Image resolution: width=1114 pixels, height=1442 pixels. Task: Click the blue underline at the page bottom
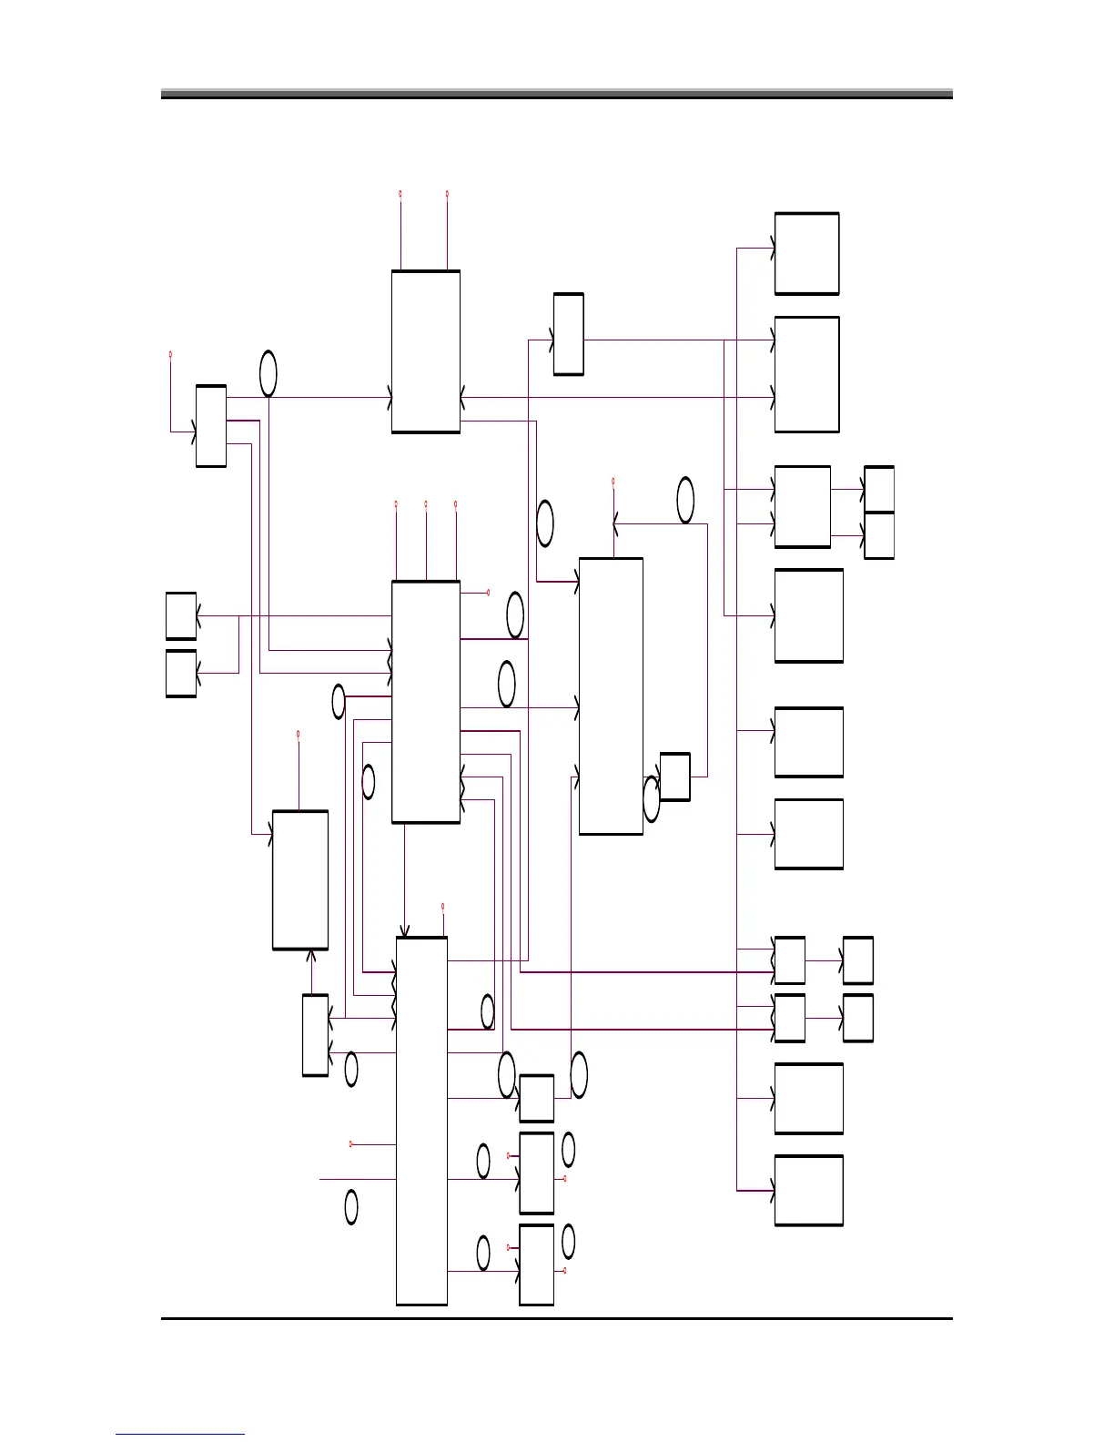click(x=180, y=1434)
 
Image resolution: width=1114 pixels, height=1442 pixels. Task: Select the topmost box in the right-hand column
click(x=806, y=254)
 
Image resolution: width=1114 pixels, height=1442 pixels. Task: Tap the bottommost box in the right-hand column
click(x=808, y=1191)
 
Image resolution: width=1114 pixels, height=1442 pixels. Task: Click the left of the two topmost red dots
click(x=400, y=194)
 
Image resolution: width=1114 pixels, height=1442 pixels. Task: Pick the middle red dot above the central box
click(x=426, y=503)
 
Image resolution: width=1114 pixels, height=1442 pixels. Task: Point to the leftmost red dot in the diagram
click(x=171, y=354)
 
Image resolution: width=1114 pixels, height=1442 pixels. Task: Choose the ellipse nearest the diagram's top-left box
click(x=268, y=373)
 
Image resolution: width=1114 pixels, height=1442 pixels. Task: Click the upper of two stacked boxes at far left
click(x=181, y=616)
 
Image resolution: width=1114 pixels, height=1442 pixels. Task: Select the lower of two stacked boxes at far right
click(x=878, y=535)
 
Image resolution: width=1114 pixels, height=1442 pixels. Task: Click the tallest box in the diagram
click(x=421, y=1121)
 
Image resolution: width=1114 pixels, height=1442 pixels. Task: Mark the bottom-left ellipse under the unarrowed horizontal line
click(x=351, y=1207)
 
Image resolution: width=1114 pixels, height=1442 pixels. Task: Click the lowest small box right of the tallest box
click(x=536, y=1264)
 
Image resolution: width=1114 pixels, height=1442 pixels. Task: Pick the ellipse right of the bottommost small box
click(x=569, y=1242)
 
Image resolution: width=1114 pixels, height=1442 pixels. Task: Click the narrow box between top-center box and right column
click(x=569, y=334)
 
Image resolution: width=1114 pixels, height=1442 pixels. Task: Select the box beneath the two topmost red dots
click(x=426, y=351)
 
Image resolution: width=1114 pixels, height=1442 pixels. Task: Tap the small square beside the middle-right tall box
click(x=674, y=777)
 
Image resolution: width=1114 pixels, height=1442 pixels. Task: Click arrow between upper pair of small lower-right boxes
click(x=824, y=960)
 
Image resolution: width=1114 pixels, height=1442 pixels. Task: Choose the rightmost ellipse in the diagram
click(x=685, y=500)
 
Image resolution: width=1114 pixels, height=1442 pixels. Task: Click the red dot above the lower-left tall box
click(x=299, y=734)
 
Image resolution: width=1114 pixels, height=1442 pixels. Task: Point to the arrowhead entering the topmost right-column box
click(x=772, y=248)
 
